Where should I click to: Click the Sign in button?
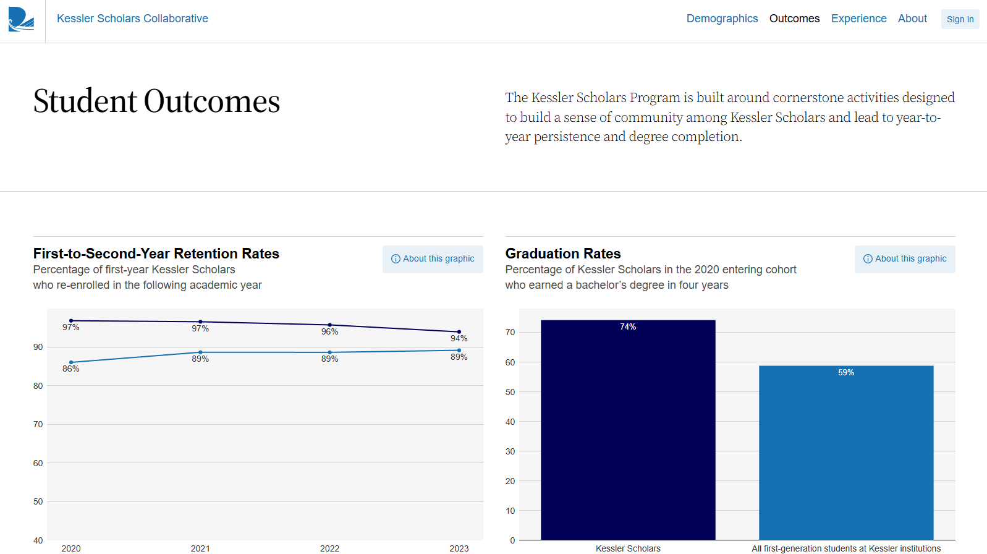pos(960,19)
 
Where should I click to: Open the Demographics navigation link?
pos(722,19)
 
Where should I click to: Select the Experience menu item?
pos(858,19)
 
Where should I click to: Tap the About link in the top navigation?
pos(912,19)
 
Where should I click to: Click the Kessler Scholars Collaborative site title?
pos(132,19)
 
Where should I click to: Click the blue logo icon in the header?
pos(21,19)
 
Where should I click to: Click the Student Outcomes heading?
pos(156,101)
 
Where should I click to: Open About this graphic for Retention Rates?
pos(433,259)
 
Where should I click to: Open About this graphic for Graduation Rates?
pos(905,259)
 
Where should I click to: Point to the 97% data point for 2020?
pos(71,321)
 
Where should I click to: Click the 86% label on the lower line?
pos(71,369)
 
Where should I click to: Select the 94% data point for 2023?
pos(459,332)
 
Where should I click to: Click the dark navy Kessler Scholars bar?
pos(628,433)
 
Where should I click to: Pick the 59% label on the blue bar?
pos(846,373)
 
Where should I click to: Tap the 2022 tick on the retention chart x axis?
pos(329,548)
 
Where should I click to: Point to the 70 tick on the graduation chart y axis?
pos(510,333)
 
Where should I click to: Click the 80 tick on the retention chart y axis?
pos(38,386)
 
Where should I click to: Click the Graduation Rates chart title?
pos(563,254)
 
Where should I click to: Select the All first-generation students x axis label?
pos(845,548)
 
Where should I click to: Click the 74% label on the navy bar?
pos(628,327)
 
